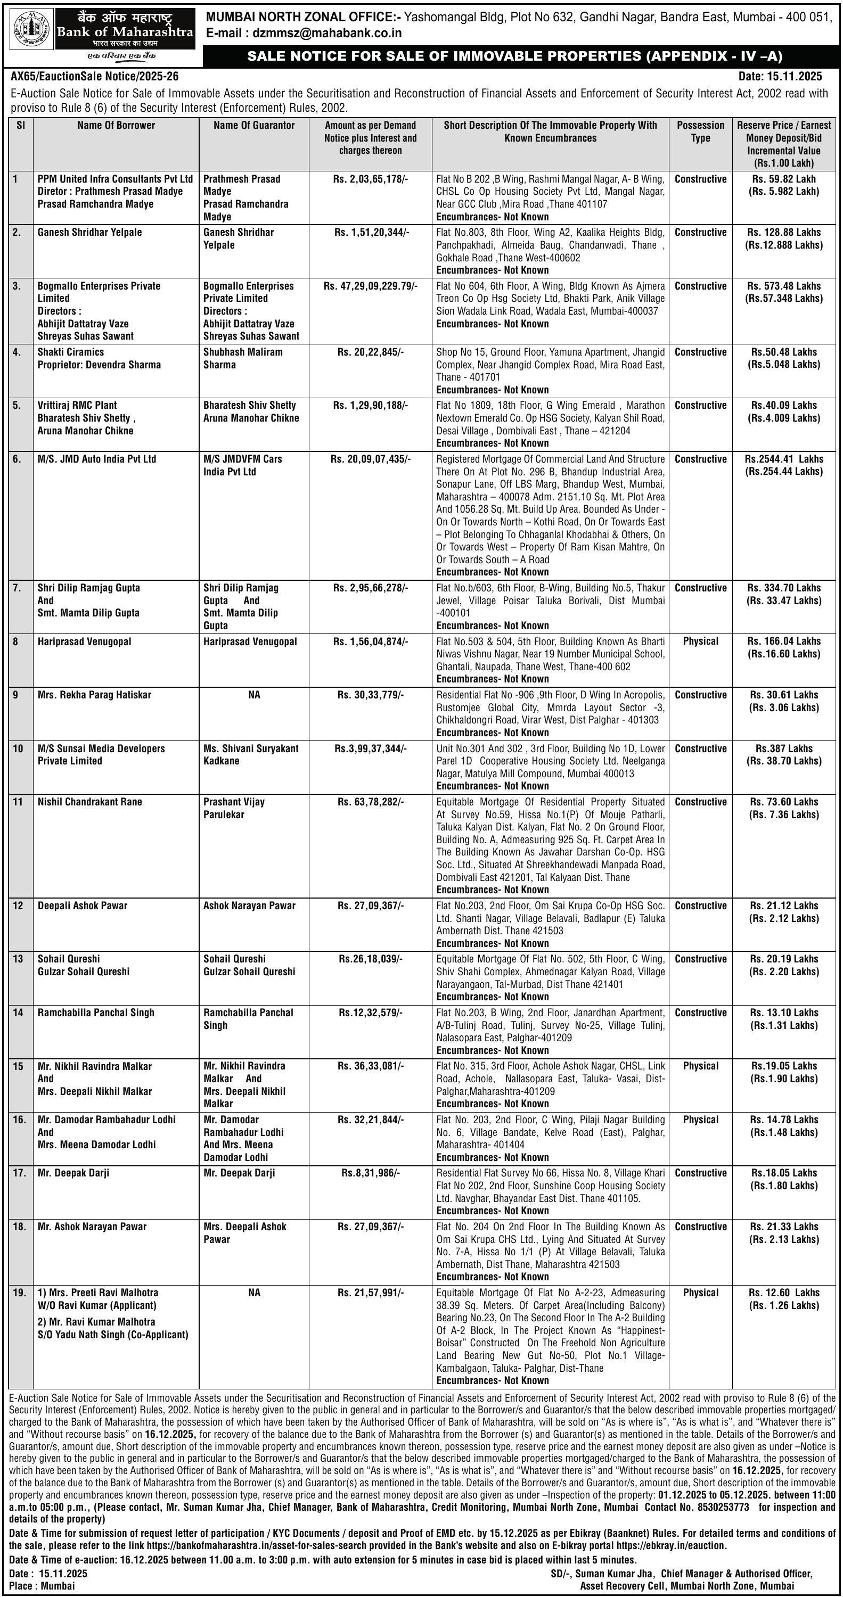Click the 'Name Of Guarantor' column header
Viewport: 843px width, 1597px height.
pos(253,125)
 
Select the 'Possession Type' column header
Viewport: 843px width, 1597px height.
pos(700,131)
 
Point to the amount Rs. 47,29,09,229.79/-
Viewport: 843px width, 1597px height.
pos(370,286)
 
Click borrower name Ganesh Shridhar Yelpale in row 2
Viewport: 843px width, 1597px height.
pos(89,233)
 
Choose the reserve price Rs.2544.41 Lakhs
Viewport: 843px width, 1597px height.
pos(784,459)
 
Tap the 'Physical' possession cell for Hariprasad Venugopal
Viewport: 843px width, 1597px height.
pos(700,641)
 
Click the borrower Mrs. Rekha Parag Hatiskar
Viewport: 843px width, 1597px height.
pos(94,695)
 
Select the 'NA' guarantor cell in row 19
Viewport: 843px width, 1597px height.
pos(253,1293)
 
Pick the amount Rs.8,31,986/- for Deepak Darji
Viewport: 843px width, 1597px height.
pos(370,1173)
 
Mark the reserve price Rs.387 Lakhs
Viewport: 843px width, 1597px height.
pos(784,748)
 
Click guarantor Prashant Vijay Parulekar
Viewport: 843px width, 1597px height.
pos(234,808)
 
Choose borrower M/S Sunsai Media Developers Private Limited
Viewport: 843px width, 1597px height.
pos(101,754)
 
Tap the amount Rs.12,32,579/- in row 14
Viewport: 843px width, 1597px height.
pos(370,1013)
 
